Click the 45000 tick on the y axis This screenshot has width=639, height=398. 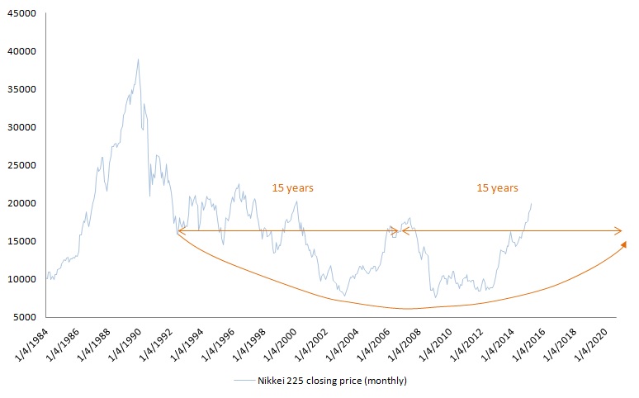pos(20,13)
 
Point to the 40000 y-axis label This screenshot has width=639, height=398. pos(20,51)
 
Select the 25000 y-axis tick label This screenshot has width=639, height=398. pos(20,165)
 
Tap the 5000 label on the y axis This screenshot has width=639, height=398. pos(22,317)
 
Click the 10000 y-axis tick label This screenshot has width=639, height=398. pos(20,279)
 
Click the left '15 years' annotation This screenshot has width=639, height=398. pos(292,188)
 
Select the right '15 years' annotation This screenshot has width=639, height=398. pos(497,188)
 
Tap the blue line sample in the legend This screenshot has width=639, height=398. pos(244,381)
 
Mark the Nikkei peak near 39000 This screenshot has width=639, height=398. pos(138,59)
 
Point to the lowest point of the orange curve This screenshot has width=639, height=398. pos(407,309)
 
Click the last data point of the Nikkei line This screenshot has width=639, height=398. pos(531,203)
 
